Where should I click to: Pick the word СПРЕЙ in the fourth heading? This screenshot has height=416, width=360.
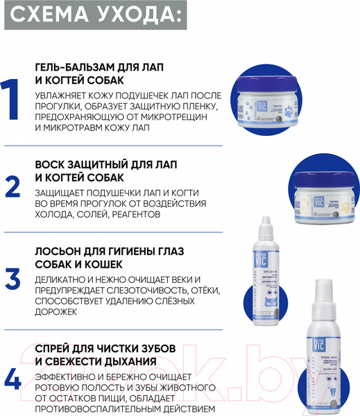(x=58, y=347)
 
